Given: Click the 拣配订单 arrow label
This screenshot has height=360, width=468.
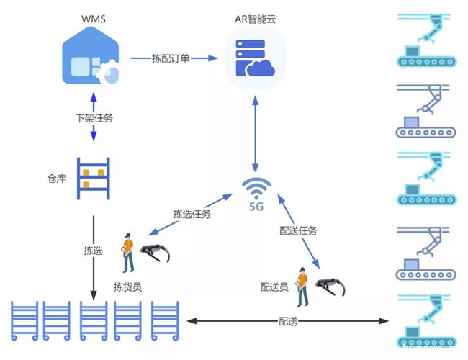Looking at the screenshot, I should point(171,58).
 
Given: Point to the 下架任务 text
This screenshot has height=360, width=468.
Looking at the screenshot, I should point(94,117).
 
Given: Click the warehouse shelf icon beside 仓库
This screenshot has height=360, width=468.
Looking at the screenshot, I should point(94,177).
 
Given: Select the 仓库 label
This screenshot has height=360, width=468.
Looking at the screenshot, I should point(56,176).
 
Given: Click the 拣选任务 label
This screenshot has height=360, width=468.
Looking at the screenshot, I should point(192,213).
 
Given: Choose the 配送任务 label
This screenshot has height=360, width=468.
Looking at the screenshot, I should point(298,230).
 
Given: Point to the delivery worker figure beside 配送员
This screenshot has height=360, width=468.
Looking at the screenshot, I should point(302,284).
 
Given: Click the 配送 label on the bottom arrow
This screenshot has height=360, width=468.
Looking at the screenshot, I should point(287,322).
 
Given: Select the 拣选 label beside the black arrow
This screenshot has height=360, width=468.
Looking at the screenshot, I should point(93,251).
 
